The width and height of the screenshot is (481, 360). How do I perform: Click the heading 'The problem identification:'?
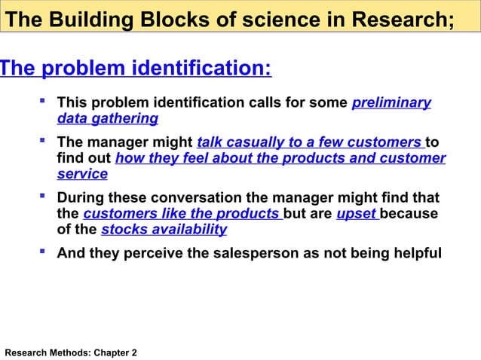click(x=135, y=69)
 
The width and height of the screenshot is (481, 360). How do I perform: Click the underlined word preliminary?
click(x=391, y=103)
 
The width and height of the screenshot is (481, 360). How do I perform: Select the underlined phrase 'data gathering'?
click(x=107, y=119)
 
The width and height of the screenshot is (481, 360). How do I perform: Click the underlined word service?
click(x=82, y=174)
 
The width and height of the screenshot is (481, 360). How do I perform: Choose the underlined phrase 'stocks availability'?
click(x=164, y=230)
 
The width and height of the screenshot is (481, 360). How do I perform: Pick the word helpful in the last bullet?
click(x=414, y=253)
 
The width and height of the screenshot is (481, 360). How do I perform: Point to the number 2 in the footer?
click(x=134, y=352)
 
